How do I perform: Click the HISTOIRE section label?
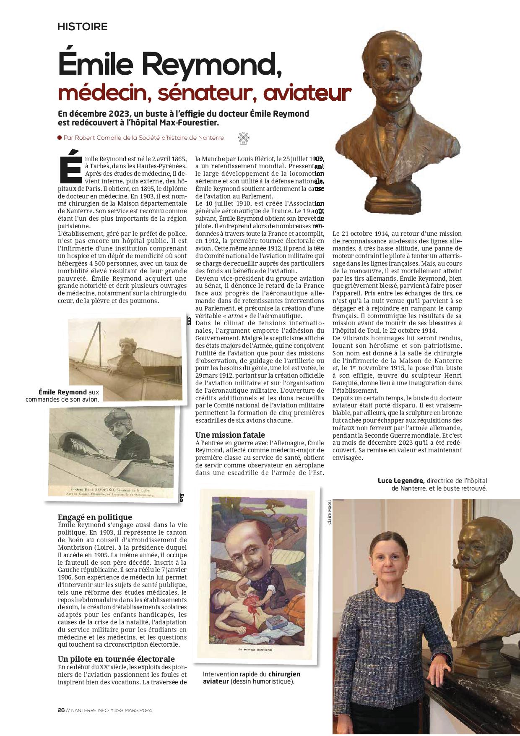click(83, 27)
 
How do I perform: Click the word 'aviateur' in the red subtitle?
click(306, 94)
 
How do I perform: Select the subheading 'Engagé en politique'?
click(95, 517)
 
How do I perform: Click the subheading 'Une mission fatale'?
click(230, 435)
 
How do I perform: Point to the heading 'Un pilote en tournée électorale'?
click(116, 659)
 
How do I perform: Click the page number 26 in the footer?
click(61, 710)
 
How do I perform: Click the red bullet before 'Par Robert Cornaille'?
click(60, 138)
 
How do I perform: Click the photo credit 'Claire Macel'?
click(329, 512)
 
